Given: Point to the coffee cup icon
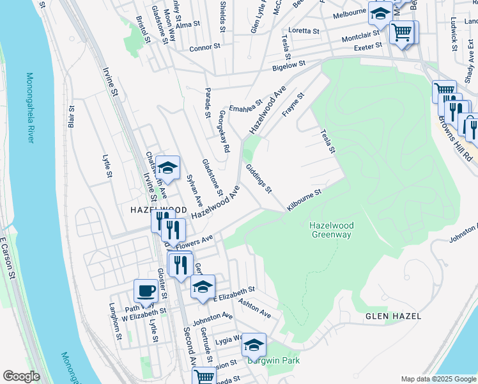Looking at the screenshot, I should pyautogui.click(x=146, y=291).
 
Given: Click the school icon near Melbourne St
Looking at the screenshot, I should pyautogui.click(x=380, y=12).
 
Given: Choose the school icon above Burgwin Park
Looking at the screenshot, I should pyautogui.click(x=254, y=345).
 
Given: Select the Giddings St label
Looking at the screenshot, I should pyautogui.click(x=259, y=179).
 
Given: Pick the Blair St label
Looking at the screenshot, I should pyautogui.click(x=72, y=117).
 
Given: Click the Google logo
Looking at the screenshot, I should pyautogui.click(x=21, y=376).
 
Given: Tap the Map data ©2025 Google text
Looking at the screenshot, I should pyautogui.click(x=438, y=379).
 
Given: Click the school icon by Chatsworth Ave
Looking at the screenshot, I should pyautogui.click(x=167, y=168).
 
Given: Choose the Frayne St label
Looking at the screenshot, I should pyautogui.click(x=293, y=104).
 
